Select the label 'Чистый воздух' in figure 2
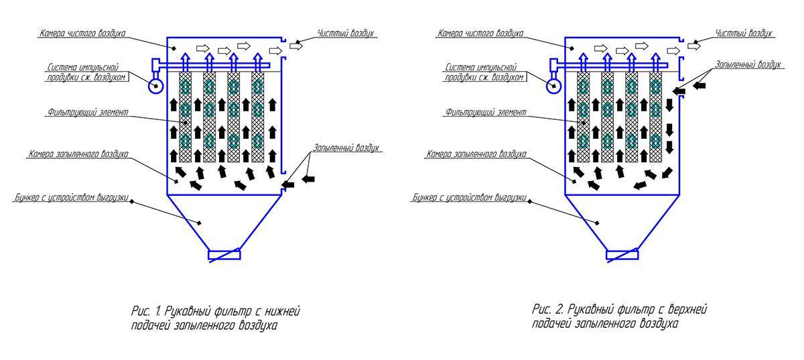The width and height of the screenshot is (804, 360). click(x=744, y=32)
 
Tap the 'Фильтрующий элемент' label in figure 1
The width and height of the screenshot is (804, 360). click(x=88, y=112)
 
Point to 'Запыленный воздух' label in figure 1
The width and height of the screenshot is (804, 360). click(x=350, y=147)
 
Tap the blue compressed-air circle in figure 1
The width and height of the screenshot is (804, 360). click(x=157, y=85)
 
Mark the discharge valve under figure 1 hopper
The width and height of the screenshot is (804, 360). click(x=223, y=255)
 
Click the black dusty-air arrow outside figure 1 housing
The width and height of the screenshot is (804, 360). click(x=308, y=179)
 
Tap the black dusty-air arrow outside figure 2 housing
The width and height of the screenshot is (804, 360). click(x=700, y=86)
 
